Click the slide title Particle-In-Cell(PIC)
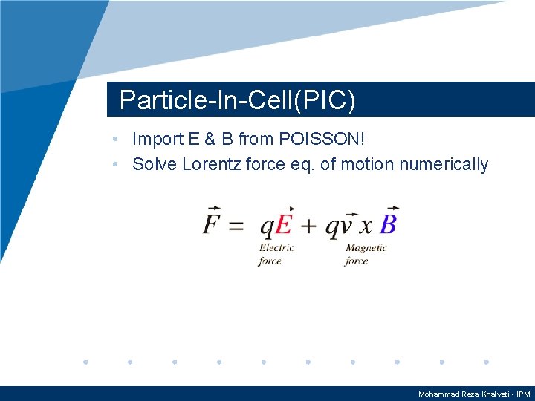237,100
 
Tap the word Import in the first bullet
157,139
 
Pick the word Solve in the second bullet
152,164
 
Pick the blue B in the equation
389,224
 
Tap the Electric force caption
276,254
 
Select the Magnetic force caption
366,254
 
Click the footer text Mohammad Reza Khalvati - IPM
474,394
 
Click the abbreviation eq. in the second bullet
302,164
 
